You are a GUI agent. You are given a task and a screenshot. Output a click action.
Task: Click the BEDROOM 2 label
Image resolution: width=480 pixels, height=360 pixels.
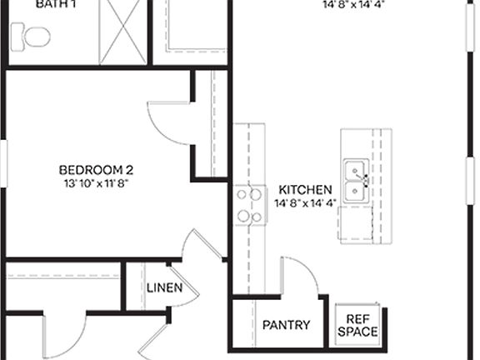(96, 170)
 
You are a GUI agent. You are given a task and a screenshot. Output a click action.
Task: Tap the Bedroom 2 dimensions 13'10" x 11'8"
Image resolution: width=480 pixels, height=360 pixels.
(96, 182)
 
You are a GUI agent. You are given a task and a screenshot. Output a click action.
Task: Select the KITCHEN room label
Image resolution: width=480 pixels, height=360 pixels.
(306, 189)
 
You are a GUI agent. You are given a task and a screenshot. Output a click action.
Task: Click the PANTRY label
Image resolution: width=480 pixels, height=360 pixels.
(286, 325)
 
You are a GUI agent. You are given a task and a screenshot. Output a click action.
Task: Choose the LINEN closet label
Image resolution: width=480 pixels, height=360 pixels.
(165, 288)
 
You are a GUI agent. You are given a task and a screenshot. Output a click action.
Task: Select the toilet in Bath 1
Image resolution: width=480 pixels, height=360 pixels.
(31, 36)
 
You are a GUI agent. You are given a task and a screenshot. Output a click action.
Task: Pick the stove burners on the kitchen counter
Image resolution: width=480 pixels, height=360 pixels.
(245, 205)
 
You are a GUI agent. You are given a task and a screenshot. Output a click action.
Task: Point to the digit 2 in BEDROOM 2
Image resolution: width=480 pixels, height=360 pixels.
(129, 170)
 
